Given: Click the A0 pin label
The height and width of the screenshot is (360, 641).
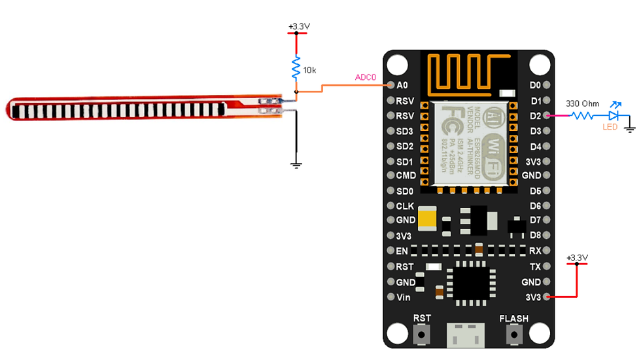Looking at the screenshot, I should (402, 86).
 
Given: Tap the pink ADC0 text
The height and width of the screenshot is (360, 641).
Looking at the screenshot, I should (366, 77).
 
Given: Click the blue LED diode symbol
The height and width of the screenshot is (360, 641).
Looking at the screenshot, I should (614, 116).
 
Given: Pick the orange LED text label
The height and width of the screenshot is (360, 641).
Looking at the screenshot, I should (610, 127).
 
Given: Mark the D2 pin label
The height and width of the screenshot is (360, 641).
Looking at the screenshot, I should (536, 116).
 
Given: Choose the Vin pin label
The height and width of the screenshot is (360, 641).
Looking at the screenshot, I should (404, 297).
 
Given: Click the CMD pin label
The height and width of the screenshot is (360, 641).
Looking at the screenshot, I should (406, 176).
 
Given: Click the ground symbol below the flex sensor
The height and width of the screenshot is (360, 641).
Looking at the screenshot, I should (296, 164).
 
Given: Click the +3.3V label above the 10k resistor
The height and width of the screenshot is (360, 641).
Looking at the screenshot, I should (299, 27).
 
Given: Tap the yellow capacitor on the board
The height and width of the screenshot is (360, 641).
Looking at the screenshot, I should (429, 218).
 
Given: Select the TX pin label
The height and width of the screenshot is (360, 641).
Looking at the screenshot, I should (536, 267).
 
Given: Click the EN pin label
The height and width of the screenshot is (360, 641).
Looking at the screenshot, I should (402, 251).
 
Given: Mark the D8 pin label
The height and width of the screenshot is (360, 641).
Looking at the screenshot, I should (536, 235).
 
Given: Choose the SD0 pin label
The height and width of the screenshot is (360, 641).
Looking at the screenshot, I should (405, 191).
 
